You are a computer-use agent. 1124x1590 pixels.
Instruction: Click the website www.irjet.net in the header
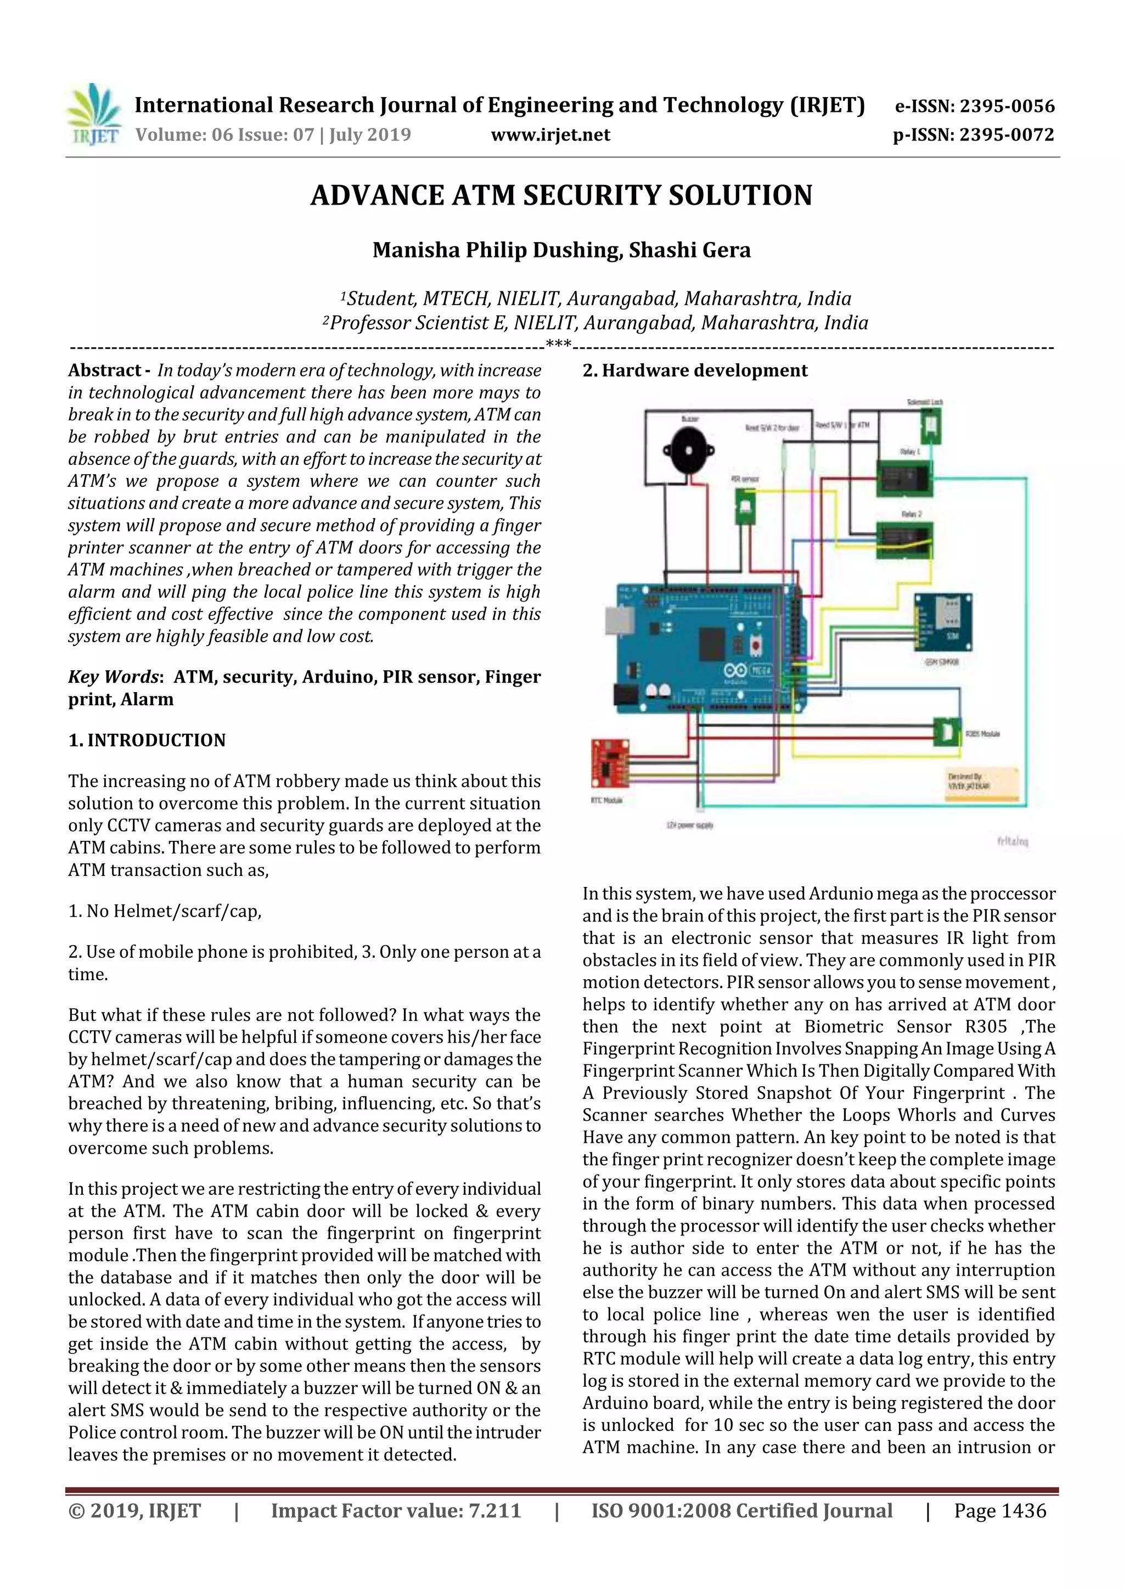click(550, 135)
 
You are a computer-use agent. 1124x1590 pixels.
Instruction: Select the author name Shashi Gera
click(689, 250)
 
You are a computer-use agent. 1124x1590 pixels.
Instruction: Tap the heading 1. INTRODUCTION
click(147, 740)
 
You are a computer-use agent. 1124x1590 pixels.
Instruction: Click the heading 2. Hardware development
click(695, 370)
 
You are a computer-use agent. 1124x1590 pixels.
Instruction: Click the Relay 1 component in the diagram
click(904, 478)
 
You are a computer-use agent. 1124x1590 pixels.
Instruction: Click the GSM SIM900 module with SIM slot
click(942, 622)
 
